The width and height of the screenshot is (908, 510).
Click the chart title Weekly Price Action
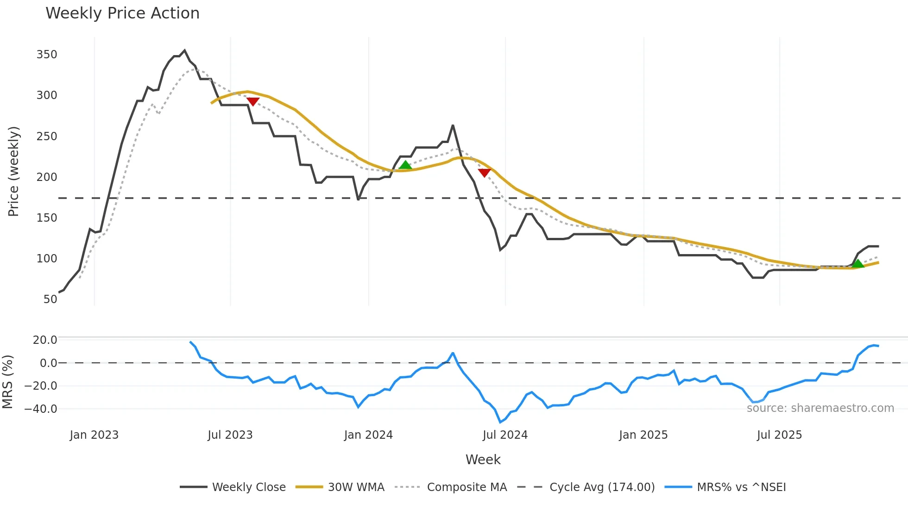[122, 13]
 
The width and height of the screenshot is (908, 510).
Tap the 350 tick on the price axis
[47, 55]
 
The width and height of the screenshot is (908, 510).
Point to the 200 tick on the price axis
[47, 177]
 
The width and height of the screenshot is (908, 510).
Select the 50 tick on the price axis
[50, 299]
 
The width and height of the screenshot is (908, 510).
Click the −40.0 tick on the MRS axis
[41, 409]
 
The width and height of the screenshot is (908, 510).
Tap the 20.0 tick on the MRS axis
[45, 340]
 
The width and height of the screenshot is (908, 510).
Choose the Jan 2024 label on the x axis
[368, 435]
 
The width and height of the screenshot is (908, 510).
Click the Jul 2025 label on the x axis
[779, 435]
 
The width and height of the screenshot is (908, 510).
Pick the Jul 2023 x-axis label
[230, 435]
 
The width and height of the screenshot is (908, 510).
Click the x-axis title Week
[483, 460]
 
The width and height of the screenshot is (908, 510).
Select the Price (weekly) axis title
[13, 171]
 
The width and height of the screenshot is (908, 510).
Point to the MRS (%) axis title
[7, 382]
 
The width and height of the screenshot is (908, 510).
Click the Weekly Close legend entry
[249, 487]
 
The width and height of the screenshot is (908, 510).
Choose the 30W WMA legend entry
[356, 487]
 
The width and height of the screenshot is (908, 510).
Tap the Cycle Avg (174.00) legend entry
[602, 487]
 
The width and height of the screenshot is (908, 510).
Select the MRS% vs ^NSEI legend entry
[741, 487]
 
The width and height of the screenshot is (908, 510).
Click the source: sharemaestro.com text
[820, 408]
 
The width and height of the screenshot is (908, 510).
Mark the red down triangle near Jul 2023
[253, 101]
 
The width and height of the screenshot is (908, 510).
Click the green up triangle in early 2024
[405, 165]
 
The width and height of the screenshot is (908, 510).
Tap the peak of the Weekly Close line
[184, 50]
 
